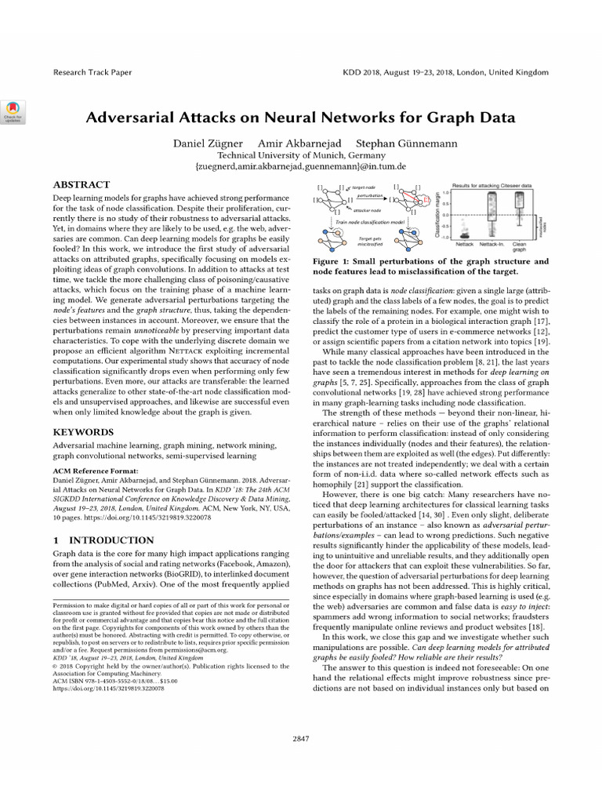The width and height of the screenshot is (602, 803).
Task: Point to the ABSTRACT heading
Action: click(x=82, y=183)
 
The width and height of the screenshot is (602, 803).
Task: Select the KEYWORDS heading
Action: click(x=84, y=432)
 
